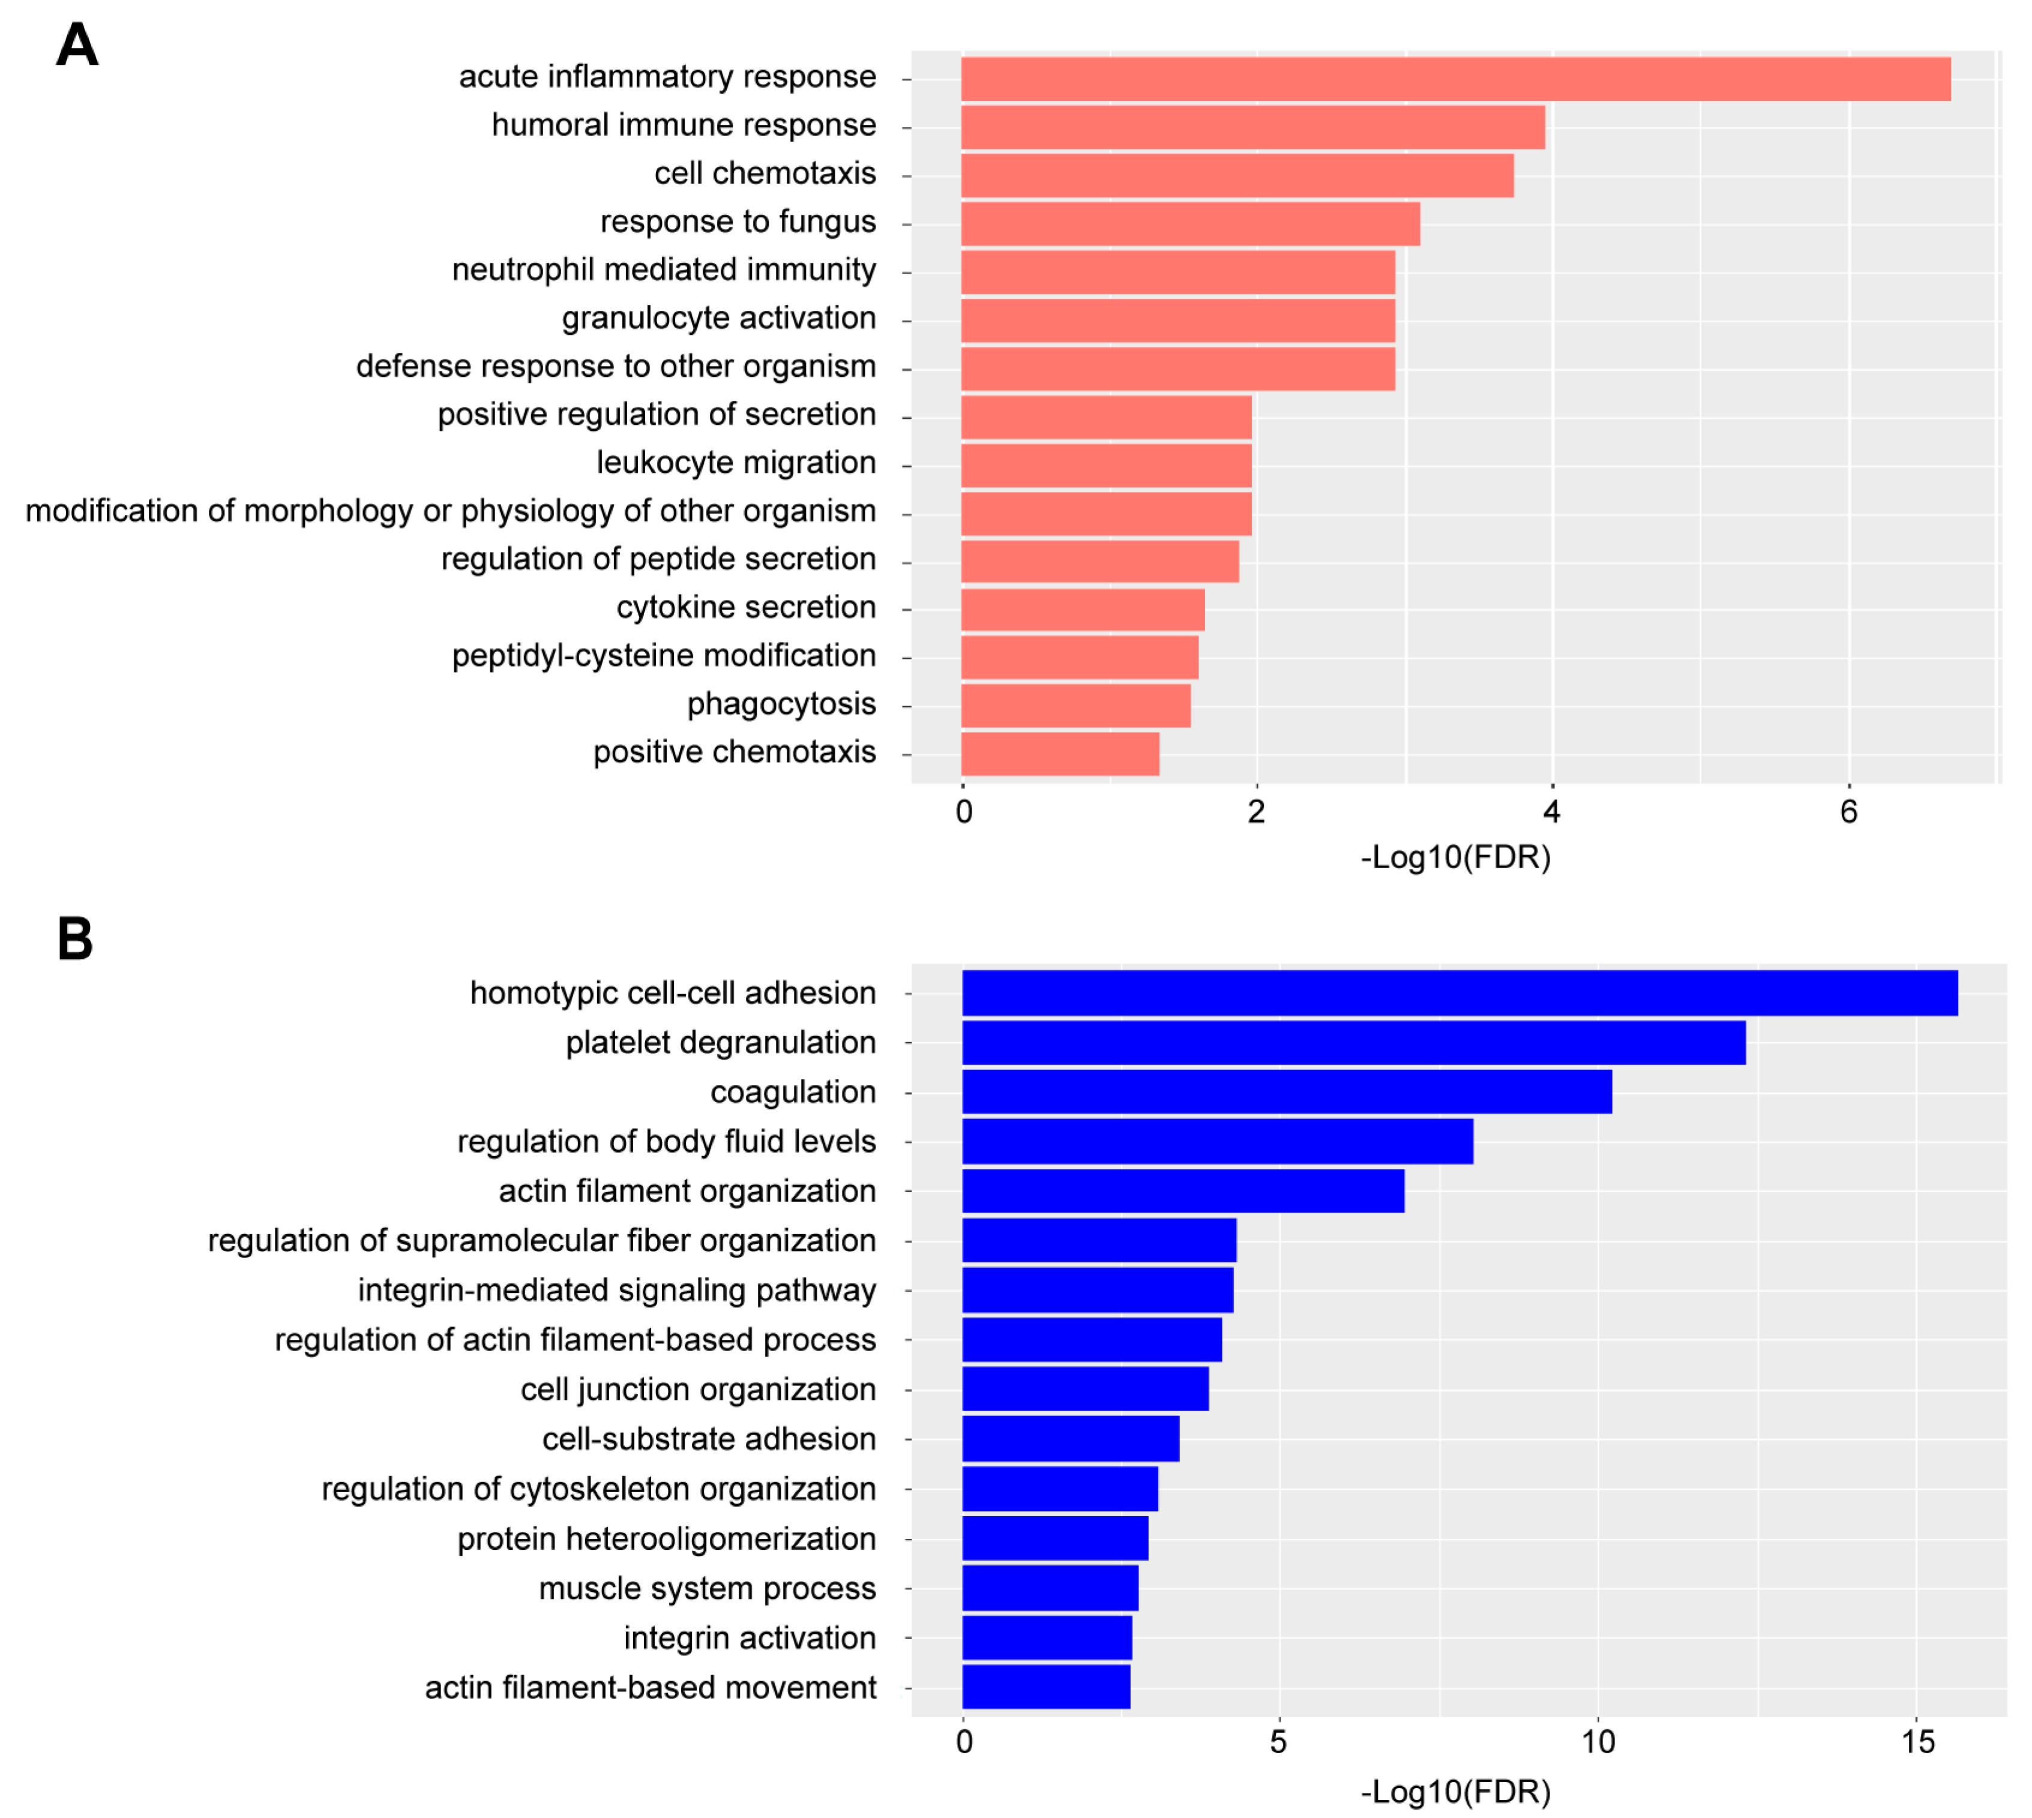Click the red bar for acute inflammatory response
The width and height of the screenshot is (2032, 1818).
pyautogui.click(x=1455, y=79)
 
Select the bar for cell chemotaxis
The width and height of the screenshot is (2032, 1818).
pyautogui.click(x=1237, y=175)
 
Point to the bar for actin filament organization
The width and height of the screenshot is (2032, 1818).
pyautogui.click(x=1183, y=1190)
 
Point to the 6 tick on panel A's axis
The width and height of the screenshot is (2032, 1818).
pyautogui.click(x=1848, y=811)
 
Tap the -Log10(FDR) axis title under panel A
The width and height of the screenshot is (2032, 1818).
pyautogui.click(x=1455, y=857)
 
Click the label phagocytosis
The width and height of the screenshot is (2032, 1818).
pyautogui.click(x=781, y=703)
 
